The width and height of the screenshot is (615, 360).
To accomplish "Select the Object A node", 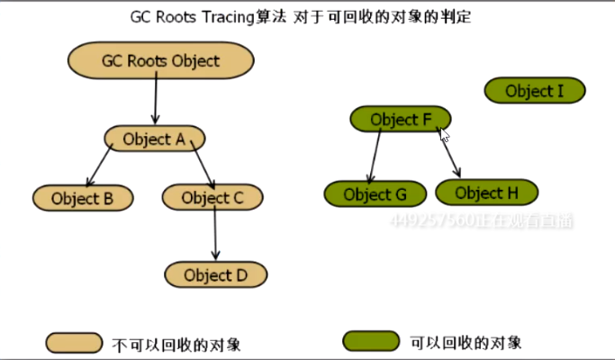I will pyautogui.click(x=154, y=139).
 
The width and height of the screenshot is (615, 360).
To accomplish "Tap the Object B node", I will pyautogui.click(x=82, y=198).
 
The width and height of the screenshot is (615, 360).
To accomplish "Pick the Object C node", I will pyautogui.click(x=213, y=198).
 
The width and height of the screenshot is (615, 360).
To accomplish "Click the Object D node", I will pyautogui.click(x=216, y=274).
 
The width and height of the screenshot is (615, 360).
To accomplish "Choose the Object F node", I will pyautogui.click(x=400, y=119).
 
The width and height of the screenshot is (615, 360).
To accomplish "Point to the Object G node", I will pyautogui.click(x=375, y=193).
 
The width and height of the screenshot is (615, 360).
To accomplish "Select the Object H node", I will pyautogui.click(x=486, y=193).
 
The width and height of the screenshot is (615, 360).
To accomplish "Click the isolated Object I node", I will pyautogui.click(x=535, y=90).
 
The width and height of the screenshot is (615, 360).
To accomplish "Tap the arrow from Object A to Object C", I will pyautogui.click(x=199, y=166).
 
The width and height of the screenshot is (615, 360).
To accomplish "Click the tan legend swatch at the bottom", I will pyautogui.click(x=73, y=343).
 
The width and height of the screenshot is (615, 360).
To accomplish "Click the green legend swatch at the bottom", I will pyautogui.click(x=370, y=342).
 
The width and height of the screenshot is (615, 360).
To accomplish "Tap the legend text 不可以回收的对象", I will pyautogui.click(x=176, y=345).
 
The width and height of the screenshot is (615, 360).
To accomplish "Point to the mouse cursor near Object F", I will pyautogui.click(x=444, y=135).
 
